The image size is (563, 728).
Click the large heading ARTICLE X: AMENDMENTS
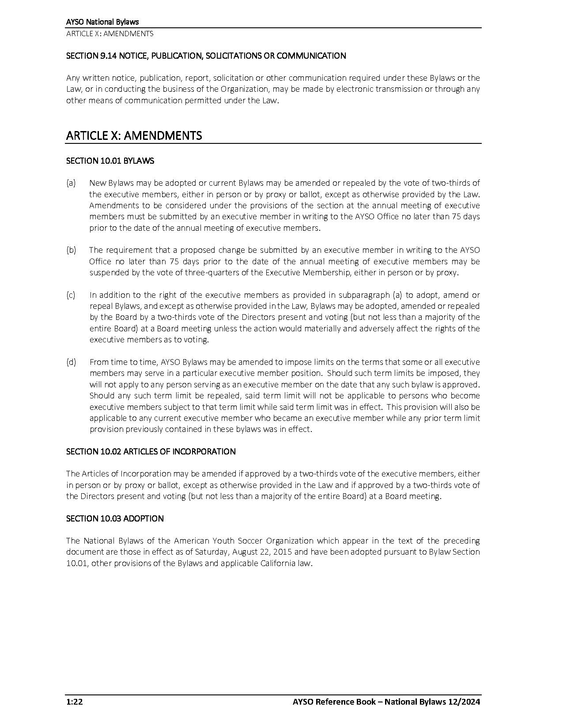click(134, 135)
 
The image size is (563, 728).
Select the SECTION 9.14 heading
click(206, 56)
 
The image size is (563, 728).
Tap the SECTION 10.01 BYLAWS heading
click(110, 161)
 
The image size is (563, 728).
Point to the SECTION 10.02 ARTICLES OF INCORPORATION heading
click(151, 451)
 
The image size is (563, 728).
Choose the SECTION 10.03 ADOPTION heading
click(115, 518)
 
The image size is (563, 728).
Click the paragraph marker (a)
click(71, 183)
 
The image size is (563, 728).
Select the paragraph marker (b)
click(71, 250)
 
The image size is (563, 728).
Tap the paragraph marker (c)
click(71, 295)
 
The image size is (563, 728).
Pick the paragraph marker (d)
click(71, 362)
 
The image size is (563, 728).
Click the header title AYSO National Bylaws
click(102, 22)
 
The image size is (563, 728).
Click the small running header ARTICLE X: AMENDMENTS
click(110, 34)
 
